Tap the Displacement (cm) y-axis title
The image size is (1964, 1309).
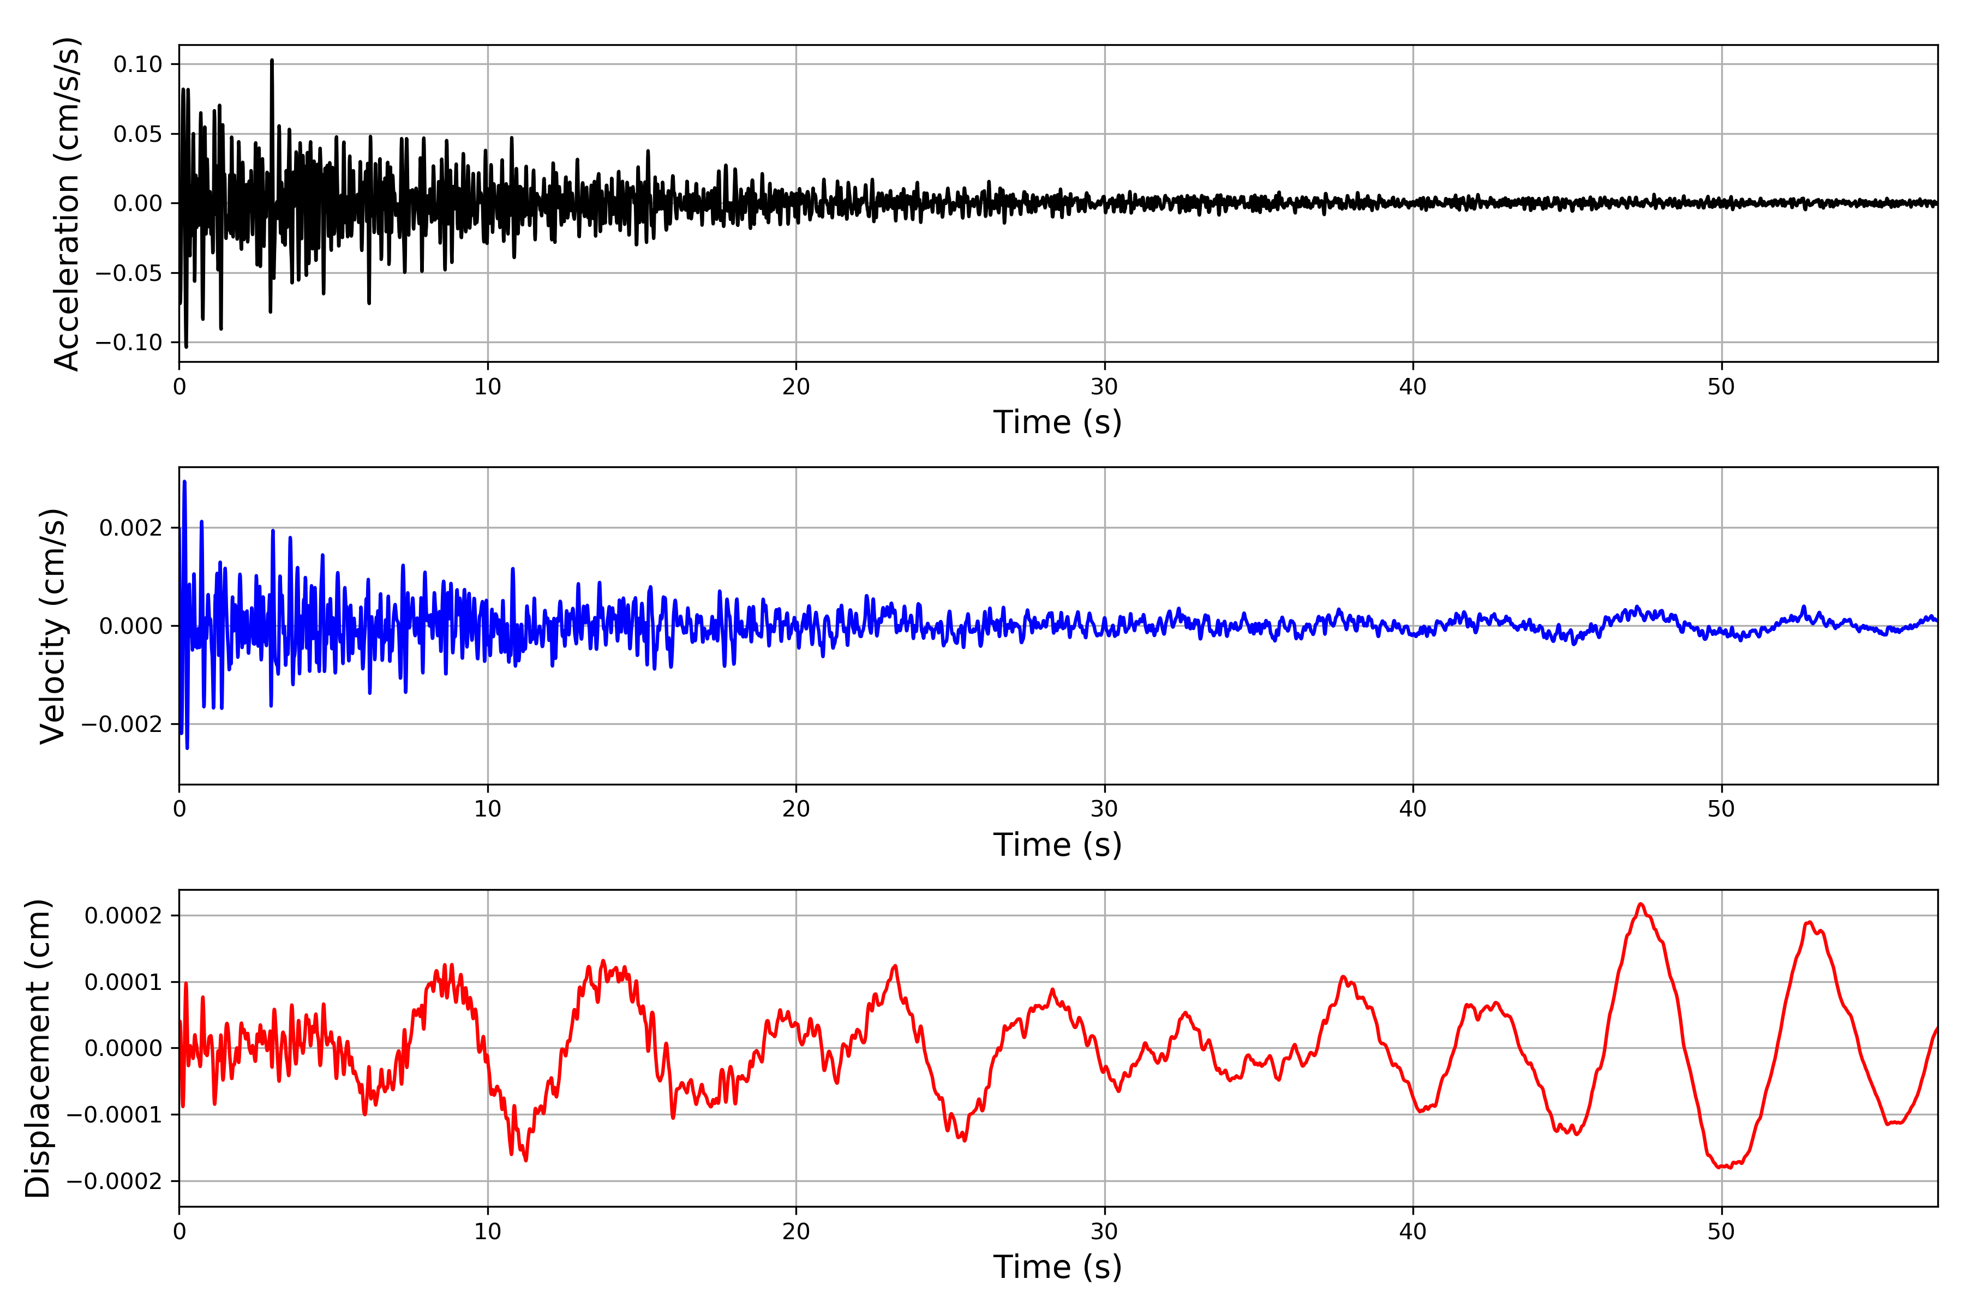tap(38, 1048)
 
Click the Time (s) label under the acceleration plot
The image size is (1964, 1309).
tap(1057, 422)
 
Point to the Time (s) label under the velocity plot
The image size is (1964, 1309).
tap(1057, 845)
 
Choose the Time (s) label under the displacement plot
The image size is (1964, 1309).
tap(1057, 1267)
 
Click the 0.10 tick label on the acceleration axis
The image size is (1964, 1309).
tap(138, 64)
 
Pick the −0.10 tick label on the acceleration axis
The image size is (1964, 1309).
tap(129, 343)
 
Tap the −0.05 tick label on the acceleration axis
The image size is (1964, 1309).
tap(129, 273)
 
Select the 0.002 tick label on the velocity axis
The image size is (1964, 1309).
tap(130, 527)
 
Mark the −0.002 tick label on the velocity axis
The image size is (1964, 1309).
tap(122, 724)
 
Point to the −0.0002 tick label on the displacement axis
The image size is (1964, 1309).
tap(115, 1181)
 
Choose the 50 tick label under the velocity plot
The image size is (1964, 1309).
tap(1721, 809)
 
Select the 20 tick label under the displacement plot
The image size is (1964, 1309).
tap(796, 1232)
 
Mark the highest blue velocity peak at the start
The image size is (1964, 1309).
tap(184, 482)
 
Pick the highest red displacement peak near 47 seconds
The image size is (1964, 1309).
tap(1641, 904)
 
